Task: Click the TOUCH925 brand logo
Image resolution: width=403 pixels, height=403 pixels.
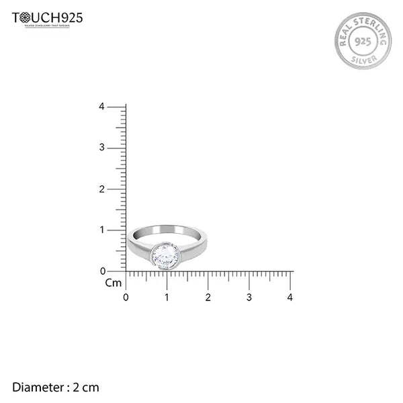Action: tap(47, 19)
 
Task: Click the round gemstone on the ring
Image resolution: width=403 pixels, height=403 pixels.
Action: tap(165, 255)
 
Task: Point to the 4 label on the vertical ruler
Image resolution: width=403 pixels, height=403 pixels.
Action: tap(101, 107)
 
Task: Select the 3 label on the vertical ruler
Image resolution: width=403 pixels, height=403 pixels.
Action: tap(101, 148)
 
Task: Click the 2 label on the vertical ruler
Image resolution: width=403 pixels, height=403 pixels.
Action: tap(101, 189)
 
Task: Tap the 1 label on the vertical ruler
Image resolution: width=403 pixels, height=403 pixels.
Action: tap(102, 230)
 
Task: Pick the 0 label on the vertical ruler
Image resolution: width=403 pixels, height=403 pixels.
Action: tap(102, 271)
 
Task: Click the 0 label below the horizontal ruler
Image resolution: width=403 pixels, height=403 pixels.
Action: tap(126, 297)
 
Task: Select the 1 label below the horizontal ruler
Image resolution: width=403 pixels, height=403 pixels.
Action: tap(167, 297)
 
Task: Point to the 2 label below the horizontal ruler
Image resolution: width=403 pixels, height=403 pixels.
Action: tap(208, 297)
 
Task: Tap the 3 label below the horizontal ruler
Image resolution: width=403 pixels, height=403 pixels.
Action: tap(249, 297)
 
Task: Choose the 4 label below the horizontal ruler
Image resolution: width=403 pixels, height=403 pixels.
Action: tap(290, 297)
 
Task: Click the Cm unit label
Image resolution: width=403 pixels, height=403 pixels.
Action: tap(114, 283)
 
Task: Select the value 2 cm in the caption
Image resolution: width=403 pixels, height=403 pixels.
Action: tap(86, 387)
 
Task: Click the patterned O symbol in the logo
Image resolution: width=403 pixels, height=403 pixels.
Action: tap(25, 17)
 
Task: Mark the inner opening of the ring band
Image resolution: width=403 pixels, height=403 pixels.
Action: tap(168, 234)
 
